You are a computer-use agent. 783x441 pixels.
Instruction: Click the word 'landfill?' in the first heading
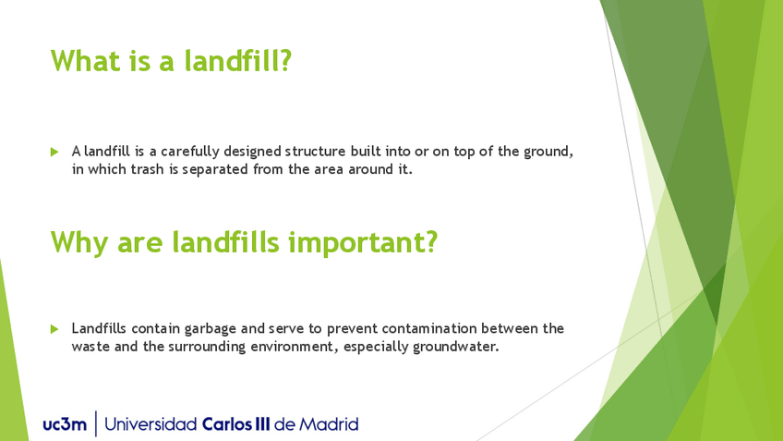coord(237,61)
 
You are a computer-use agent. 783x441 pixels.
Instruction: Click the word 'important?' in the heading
coord(364,243)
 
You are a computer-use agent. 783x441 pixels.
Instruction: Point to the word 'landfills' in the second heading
coord(225,242)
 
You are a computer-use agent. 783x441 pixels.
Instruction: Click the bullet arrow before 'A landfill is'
coord(54,152)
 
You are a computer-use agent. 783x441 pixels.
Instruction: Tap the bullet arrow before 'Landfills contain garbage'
coord(54,329)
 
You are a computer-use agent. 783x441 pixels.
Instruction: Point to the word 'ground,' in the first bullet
coord(548,152)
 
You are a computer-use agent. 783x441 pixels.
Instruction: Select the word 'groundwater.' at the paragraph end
coord(456,347)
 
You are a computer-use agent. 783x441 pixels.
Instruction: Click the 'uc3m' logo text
coord(65,425)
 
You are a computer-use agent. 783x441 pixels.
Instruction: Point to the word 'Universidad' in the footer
coord(151,424)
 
